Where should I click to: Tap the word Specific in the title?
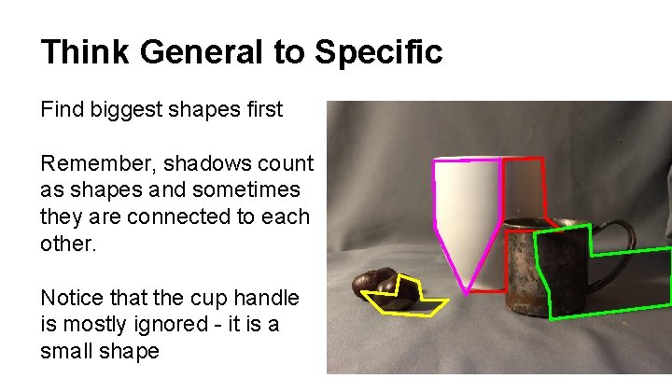[x=378, y=52]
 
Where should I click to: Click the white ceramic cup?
[x=467, y=201]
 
